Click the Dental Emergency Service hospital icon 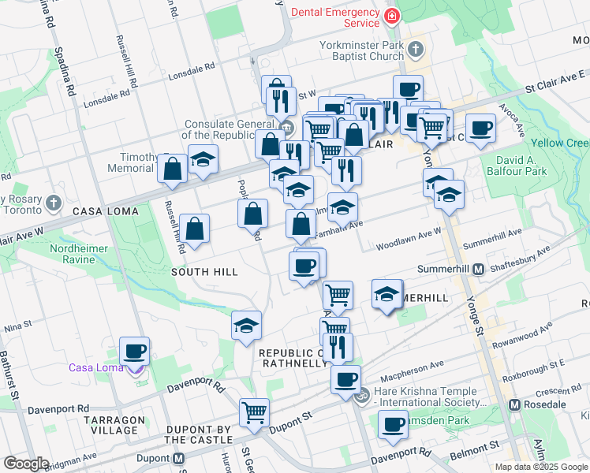391,16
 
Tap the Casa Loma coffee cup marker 134,350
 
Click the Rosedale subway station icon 515,404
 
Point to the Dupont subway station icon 179,458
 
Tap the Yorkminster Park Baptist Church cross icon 416,51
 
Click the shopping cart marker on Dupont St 254,412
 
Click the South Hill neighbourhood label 204,272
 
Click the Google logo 26,464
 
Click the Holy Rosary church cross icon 53,203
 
